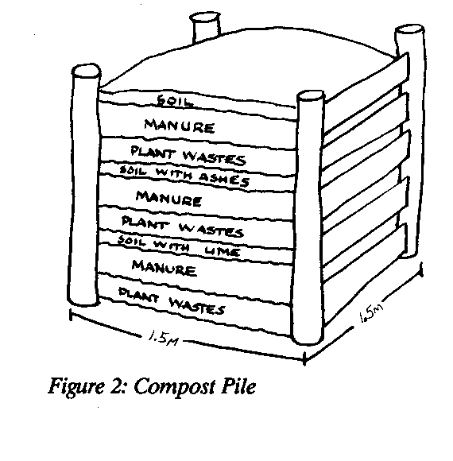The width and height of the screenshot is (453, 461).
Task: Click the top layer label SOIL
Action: click(175, 101)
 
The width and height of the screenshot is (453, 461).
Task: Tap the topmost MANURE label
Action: click(180, 126)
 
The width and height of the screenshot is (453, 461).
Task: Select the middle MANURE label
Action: click(168, 198)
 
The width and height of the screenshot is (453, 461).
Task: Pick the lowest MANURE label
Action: click(164, 268)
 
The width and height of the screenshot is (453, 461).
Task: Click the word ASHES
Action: click(225, 179)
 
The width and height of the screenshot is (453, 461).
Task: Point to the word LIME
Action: click(223, 251)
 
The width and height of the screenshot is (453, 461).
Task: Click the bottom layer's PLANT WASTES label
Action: click(172, 300)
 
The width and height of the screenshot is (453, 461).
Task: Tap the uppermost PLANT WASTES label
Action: click(188, 155)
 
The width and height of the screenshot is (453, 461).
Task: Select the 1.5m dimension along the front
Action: click(164, 338)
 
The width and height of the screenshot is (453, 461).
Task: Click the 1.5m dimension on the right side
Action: click(371, 313)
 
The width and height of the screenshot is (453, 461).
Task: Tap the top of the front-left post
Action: click(86, 71)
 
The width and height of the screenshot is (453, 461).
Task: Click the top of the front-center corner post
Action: click(311, 96)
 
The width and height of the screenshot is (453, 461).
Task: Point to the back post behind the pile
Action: click(206, 27)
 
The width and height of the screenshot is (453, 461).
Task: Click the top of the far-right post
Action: click(409, 30)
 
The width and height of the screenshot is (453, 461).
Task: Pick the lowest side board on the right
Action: click(365, 273)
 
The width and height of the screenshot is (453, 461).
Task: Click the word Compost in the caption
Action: click(175, 387)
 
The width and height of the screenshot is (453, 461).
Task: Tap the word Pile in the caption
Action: click(238, 385)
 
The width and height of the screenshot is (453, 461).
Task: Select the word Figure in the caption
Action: click(76, 387)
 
